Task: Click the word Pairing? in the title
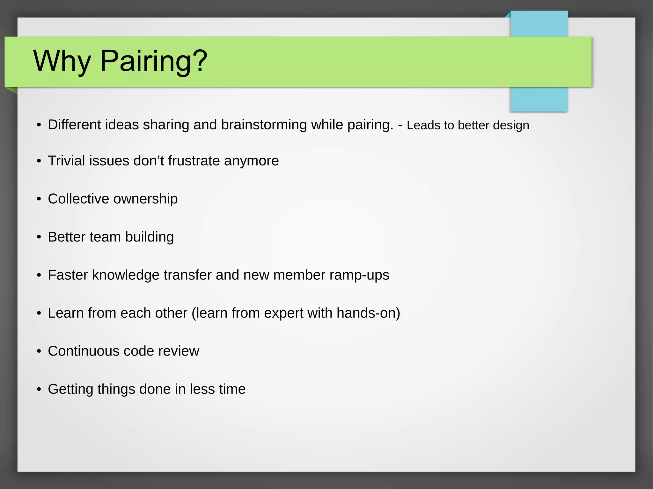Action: click(154, 61)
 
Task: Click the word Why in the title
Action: click(62, 61)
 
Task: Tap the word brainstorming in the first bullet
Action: click(264, 125)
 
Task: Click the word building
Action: click(150, 237)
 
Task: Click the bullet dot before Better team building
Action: click(39, 237)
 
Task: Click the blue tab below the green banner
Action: click(539, 99)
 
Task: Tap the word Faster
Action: click(68, 275)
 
